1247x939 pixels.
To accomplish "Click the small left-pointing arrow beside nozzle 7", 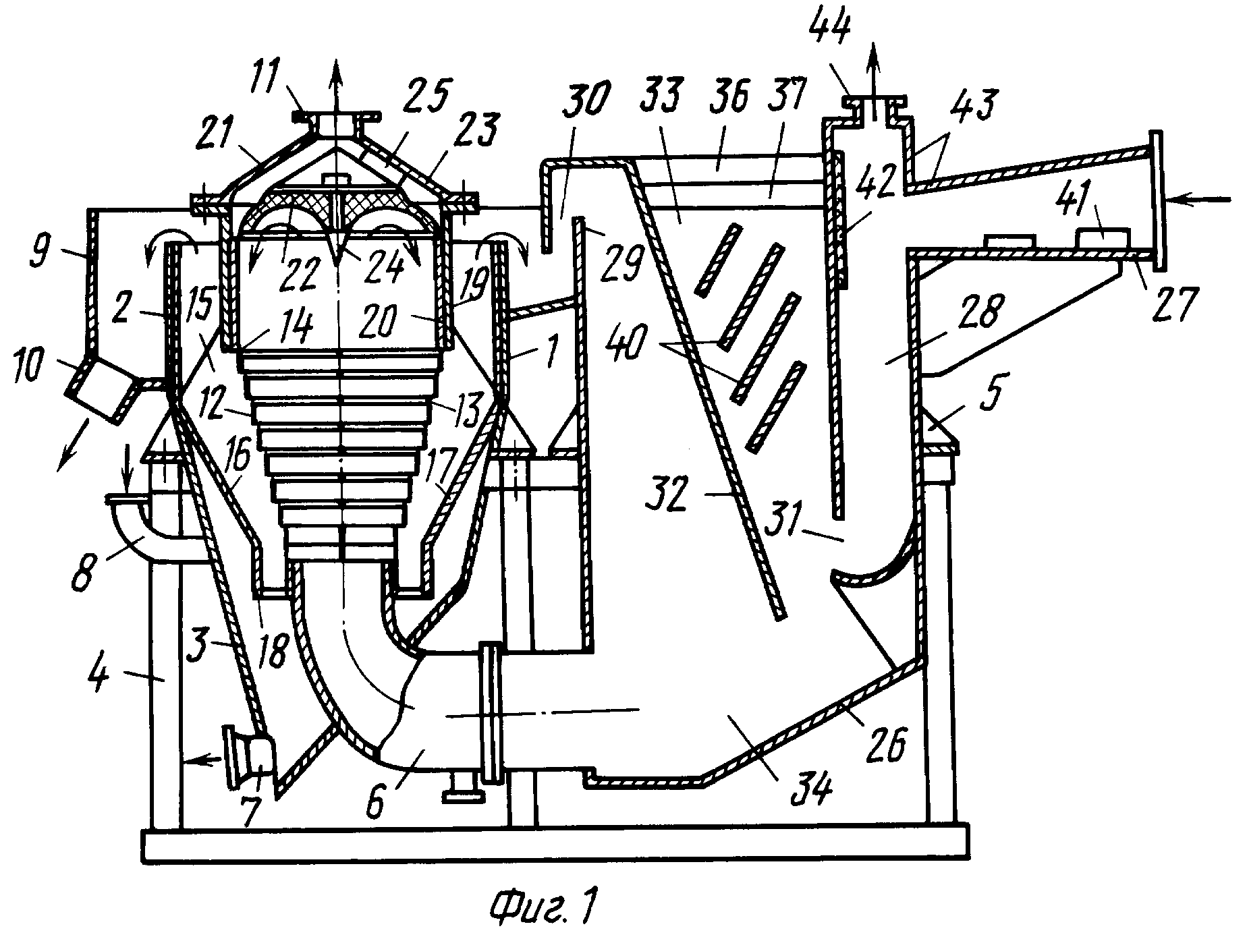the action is click(208, 760).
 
